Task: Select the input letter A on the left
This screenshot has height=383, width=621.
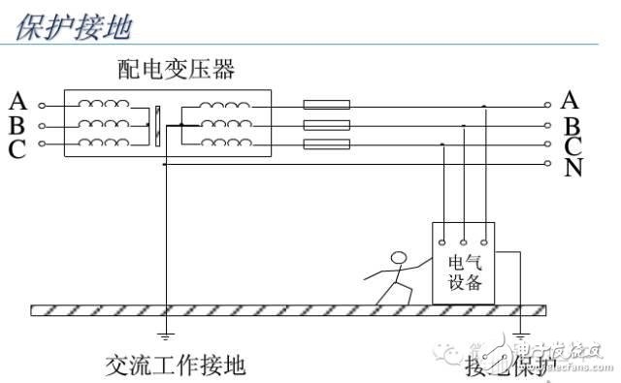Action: click(x=16, y=101)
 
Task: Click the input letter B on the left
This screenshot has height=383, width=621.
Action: click(x=16, y=123)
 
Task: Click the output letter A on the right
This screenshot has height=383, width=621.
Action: click(x=571, y=100)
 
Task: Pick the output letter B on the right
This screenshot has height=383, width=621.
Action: click(x=572, y=125)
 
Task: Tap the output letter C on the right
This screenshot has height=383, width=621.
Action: click(x=572, y=146)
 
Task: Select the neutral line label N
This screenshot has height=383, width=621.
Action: click(x=572, y=167)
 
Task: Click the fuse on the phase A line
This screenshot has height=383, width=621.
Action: click(x=327, y=105)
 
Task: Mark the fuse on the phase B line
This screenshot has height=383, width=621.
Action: click(x=327, y=125)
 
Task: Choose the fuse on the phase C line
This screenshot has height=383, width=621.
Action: click(x=327, y=145)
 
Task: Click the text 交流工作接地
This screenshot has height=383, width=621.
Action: click(x=176, y=365)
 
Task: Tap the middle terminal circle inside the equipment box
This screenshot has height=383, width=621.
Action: click(x=464, y=239)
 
